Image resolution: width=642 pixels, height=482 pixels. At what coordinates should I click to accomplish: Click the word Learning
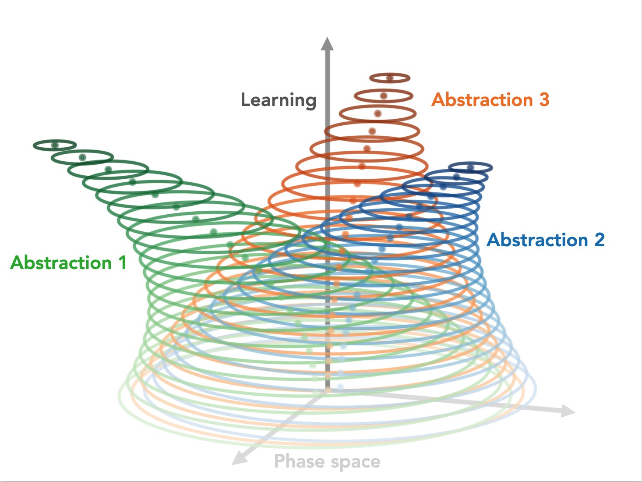click(279, 100)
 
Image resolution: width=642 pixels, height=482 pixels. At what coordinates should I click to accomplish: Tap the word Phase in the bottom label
click(300, 462)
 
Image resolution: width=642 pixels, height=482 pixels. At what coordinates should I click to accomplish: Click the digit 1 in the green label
click(122, 263)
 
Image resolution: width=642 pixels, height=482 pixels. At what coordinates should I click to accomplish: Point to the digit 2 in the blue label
click(599, 240)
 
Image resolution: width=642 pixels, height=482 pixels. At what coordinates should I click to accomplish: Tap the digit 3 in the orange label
click(544, 100)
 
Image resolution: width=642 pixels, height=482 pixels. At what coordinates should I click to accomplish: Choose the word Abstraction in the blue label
click(537, 240)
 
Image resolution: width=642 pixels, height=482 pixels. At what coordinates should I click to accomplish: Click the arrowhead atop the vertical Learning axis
click(327, 44)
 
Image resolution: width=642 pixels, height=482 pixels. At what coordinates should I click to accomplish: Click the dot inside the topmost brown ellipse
click(390, 78)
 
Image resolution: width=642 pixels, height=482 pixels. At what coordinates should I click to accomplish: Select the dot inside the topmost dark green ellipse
click(55, 145)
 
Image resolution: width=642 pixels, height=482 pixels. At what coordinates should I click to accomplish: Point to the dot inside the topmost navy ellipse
click(470, 167)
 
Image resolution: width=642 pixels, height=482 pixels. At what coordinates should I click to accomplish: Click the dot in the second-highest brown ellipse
click(384, 96)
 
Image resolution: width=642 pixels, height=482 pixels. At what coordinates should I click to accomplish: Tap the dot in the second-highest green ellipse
click(82, 157)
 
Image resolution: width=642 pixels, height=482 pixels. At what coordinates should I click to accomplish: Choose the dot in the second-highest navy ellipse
click(456, 177)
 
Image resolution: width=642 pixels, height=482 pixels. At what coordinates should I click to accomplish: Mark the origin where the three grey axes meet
click(327, 390)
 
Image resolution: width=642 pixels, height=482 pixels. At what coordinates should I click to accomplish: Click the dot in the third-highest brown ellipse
click(377, 113)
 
